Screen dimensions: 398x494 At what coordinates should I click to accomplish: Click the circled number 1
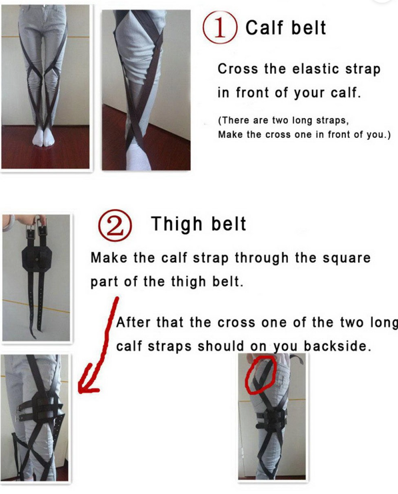click(x=219, y=28)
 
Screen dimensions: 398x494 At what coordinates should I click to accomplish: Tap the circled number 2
click(x=115, y=225)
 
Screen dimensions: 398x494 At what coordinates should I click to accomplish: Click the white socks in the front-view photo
click(x=44, y=137)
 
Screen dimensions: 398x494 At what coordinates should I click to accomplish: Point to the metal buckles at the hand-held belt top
click(x=36, y=225)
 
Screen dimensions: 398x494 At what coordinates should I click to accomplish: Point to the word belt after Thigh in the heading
click(x=229, y=224)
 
